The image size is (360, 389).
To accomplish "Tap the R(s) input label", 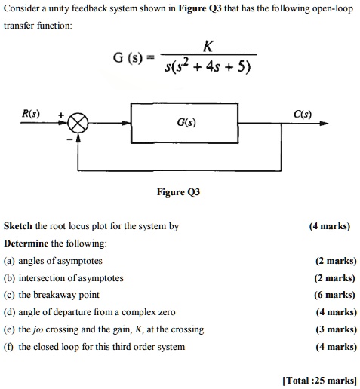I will (x=29, y=114).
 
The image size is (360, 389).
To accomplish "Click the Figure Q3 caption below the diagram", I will (x=178, y=192).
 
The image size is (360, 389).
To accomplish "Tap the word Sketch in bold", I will (x=18, y=225).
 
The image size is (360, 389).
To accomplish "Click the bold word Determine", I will (x=26, y=243).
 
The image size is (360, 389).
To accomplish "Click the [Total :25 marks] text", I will (x=318, y=380).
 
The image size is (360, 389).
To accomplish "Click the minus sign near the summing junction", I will (x=70, y=138).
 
